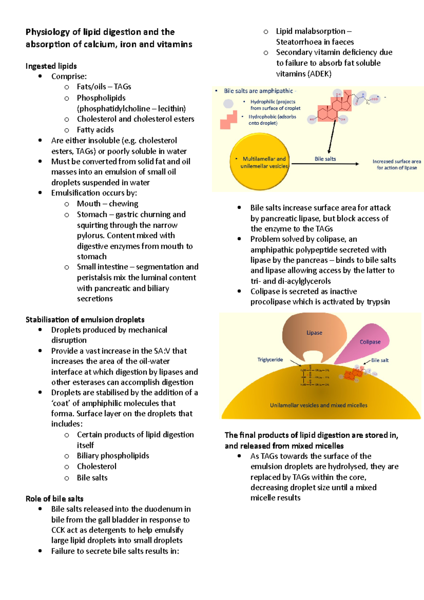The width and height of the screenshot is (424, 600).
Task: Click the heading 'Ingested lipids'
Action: coord(51,66)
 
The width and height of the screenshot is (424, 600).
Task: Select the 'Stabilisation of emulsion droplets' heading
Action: coord(85,320)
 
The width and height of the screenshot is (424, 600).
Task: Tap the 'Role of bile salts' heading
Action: coord(54,499)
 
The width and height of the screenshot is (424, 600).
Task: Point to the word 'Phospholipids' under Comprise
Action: coord(101,98)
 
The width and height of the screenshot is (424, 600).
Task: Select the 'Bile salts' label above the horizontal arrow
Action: coord(325,159)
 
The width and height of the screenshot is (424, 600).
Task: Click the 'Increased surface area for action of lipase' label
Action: coord(396,165)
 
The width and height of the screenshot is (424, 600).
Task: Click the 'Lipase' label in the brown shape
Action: coord(314,333)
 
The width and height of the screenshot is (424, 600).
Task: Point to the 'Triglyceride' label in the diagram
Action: coord(270,360)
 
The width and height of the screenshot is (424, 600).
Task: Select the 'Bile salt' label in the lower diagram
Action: coord(379,360)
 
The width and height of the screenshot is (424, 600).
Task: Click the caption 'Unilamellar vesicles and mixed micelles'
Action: coord(318,405)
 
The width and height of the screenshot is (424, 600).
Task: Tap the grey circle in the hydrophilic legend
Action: coord(229,104)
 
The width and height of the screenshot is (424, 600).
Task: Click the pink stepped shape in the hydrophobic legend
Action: coord(229,120)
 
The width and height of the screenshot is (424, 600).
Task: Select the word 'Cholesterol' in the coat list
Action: coord(96,466)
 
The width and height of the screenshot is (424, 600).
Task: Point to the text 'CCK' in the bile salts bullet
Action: coord(58,530)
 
